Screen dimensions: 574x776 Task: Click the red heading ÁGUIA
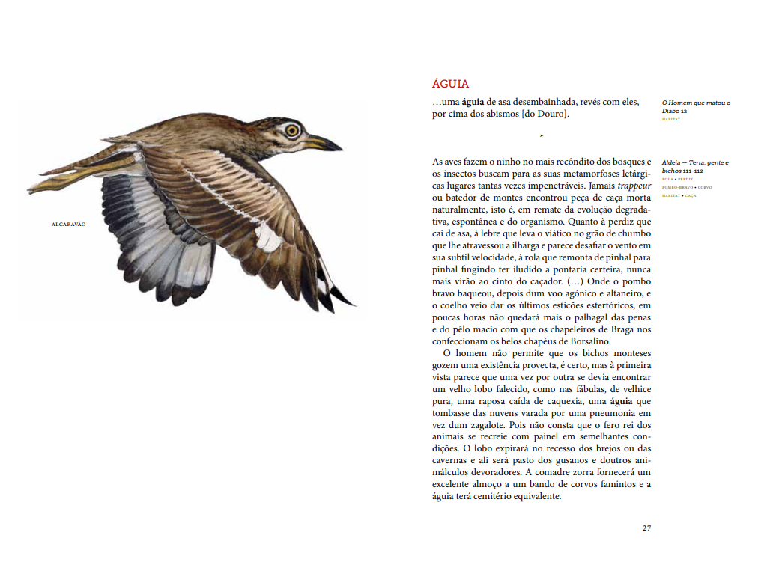(x=450, y=85)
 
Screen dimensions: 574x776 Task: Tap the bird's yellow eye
(x=291, y=130)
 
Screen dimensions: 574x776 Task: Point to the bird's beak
(x=324, y=141)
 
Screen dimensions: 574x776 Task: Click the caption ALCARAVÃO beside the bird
(x=68, y=224)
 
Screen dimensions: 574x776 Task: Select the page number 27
(x=646, y=528)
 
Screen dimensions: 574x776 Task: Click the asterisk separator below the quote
(x=541, y=136)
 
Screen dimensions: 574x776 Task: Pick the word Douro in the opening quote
(x=551, y=114)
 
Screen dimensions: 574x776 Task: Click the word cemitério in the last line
(x=489, y=497)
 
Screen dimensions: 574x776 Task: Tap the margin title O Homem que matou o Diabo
(x=695, y=106)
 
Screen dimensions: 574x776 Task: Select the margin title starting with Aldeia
(x=694, y=166)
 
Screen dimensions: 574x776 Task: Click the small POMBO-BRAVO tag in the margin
(x=675, y=187)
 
